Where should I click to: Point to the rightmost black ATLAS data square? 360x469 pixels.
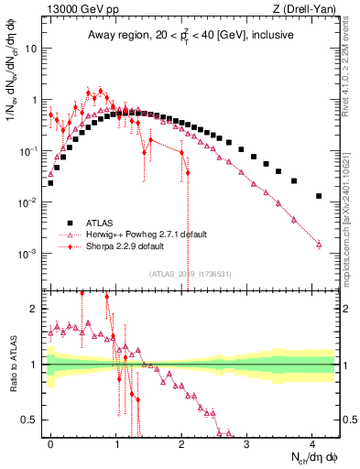(318, 196)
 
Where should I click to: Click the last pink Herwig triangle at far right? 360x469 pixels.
(318, 244)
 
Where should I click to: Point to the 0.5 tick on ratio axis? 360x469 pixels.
(33, 420)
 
